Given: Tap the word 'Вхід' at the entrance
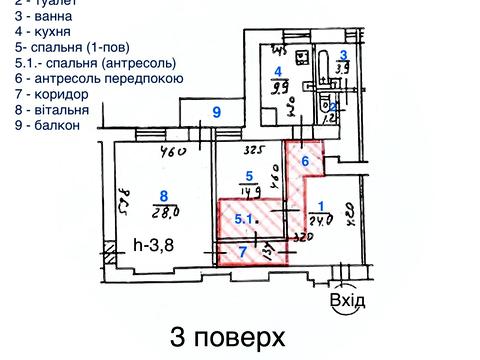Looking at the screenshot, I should point(346,300).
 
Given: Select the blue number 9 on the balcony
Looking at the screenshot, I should point(215,113).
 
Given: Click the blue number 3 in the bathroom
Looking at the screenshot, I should point(343,55).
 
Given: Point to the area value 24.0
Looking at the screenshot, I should point(320,222).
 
